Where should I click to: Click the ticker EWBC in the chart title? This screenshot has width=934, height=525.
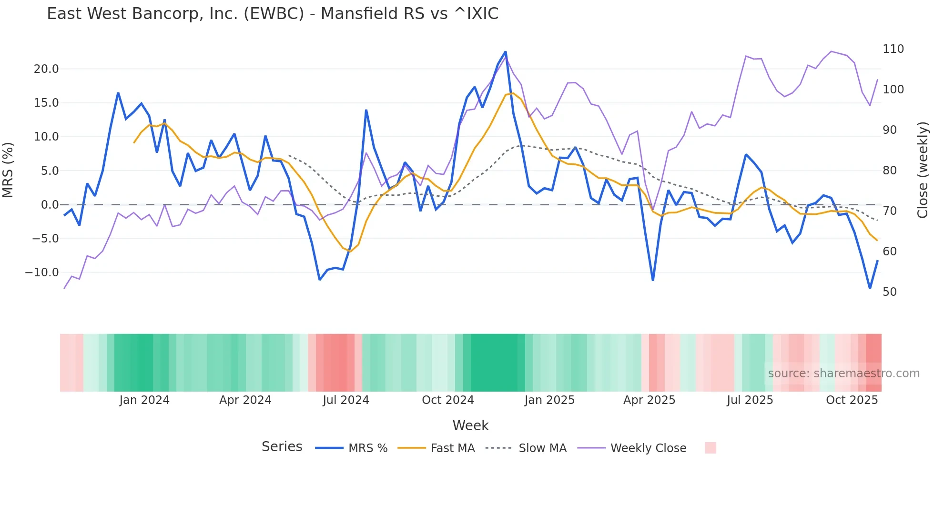[x=274, y=14]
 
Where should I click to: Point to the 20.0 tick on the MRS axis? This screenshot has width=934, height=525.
[x=46, y=69]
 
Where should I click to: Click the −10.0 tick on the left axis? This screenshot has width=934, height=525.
[x=42, y=273]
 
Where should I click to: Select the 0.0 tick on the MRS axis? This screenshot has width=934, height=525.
[x=50, y=205]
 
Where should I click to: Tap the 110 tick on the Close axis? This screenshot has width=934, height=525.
[x=893, y=49]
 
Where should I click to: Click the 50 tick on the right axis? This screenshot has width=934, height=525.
[x=890, y=292]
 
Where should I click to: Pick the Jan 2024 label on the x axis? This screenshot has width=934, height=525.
[x=144, y=400]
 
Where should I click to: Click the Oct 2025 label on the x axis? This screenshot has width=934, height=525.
[x=852, y=400]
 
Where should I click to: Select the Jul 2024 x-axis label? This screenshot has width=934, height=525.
[x=346, y=400]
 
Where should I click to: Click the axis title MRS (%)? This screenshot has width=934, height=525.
[x=8, y=170]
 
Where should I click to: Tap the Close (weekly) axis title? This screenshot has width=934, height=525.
[x=923, y=170]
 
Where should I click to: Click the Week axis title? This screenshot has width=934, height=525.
[x=470, y=425]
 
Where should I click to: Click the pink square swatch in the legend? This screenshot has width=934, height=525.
[x=710, y=448]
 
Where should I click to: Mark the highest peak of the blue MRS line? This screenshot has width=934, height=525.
[x=506, y=52]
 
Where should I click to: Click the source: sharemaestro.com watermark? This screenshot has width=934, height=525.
[x=843, y=374]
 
